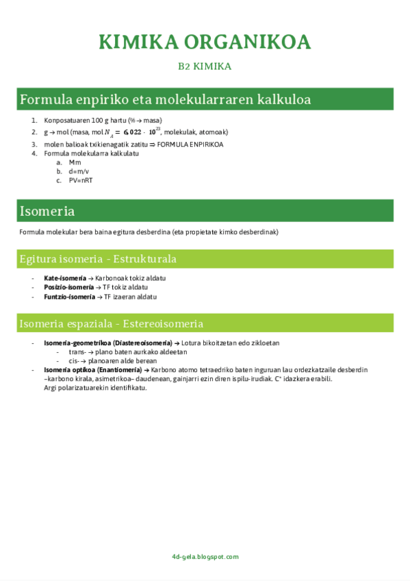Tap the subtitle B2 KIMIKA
coord(205,66)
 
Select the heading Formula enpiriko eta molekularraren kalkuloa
coord(166,99)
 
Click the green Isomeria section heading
coord(47,210)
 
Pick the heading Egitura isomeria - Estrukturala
coord(98,259)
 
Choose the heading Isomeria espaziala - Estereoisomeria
coord(112,323)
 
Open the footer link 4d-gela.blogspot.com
coord(205,557)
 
